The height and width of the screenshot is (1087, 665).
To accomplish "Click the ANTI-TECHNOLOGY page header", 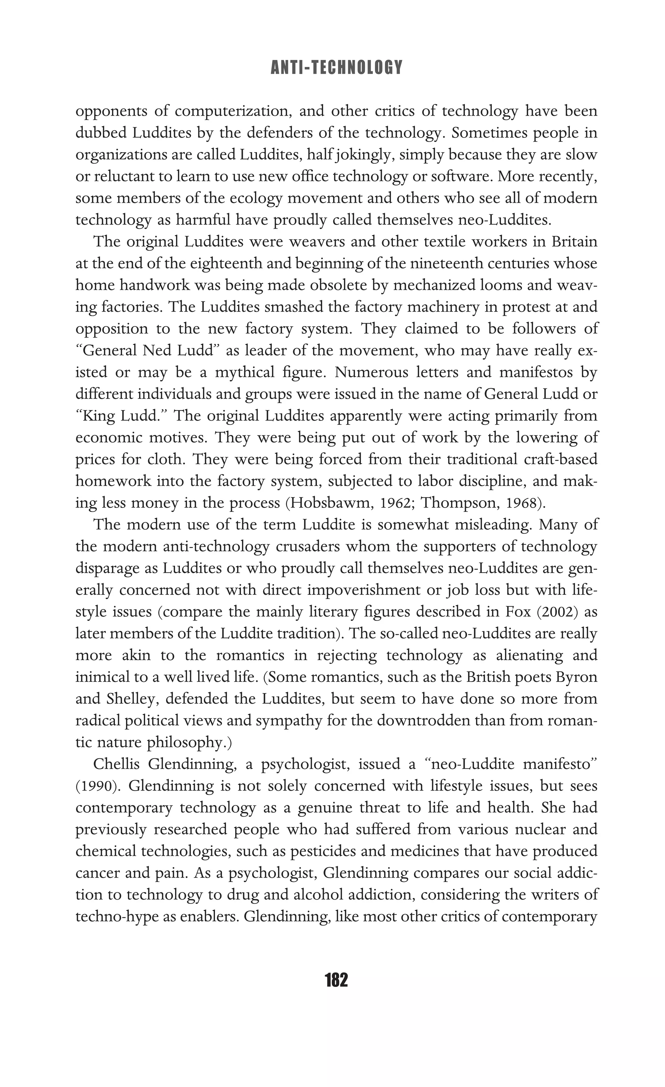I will (x=336, y=68).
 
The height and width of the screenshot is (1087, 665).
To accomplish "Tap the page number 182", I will (x=336, y=980).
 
